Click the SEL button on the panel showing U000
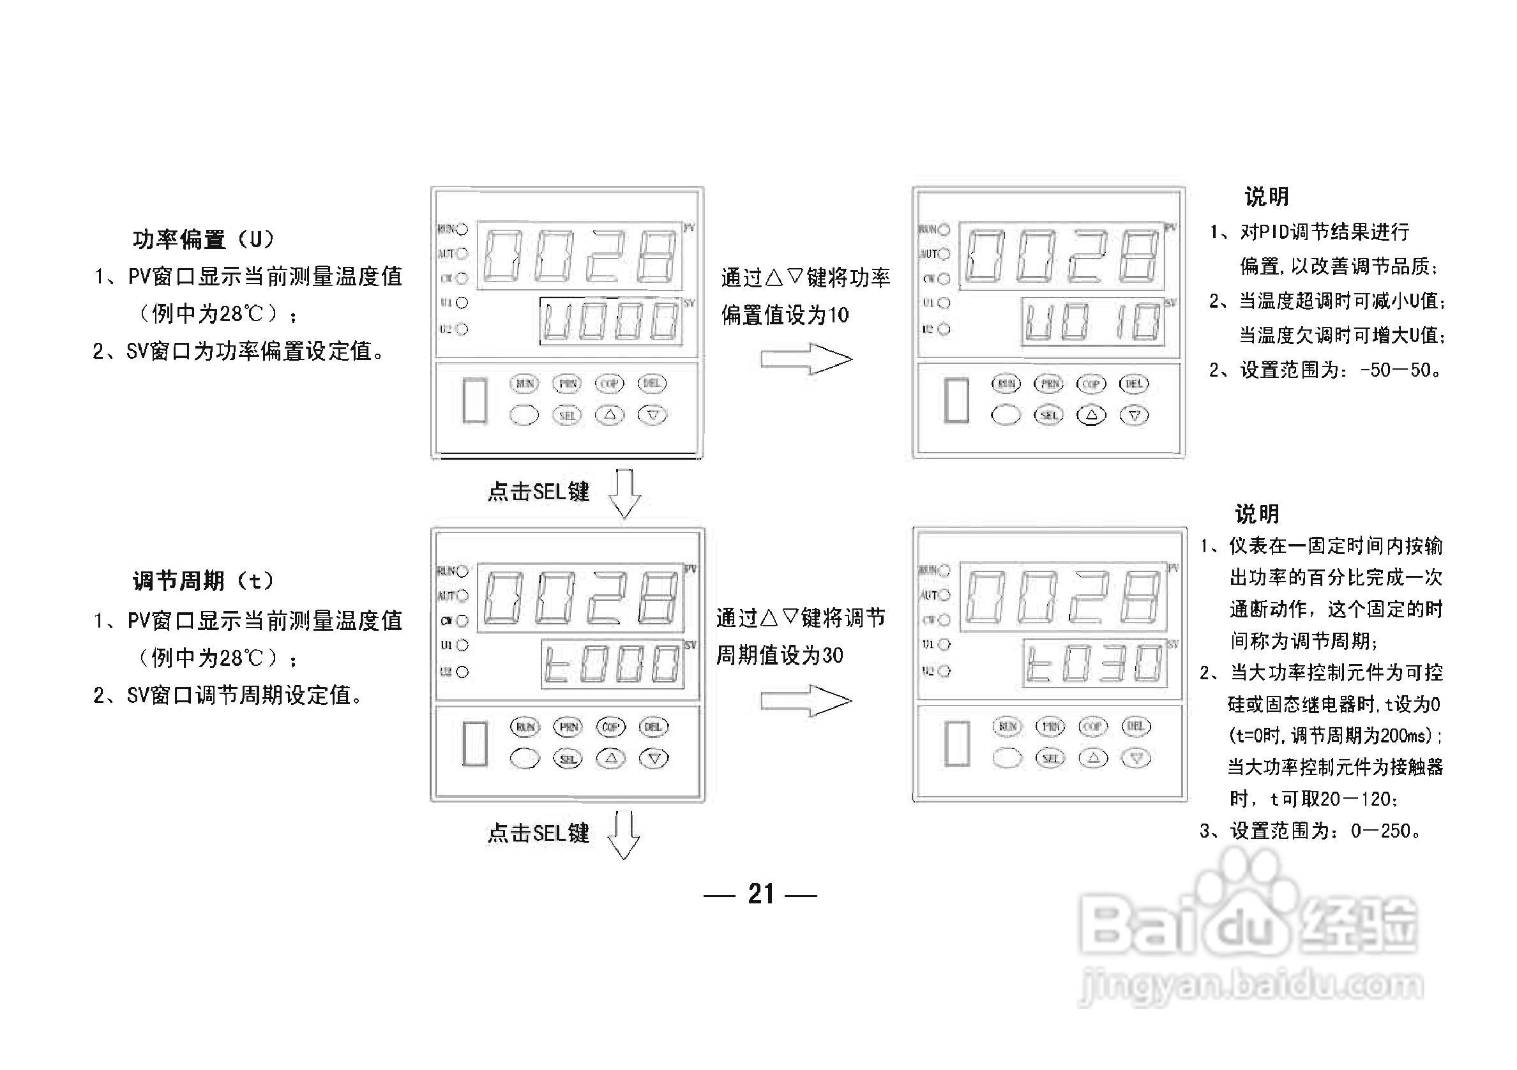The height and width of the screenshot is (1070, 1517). point(567,415)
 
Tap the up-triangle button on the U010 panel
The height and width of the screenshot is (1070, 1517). point(1092,415)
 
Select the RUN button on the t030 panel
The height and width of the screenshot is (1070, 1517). point(1007,727)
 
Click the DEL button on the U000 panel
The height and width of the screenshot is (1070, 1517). point(652,383)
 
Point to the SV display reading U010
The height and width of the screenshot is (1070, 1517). point(1093,322)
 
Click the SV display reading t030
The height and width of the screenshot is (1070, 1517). point(1094,663)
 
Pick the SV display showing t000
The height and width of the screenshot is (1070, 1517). point(612,664)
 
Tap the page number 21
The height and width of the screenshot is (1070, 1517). point(760,894)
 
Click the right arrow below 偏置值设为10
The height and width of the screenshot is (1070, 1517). point(806,359)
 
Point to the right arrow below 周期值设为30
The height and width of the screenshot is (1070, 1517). point(806,701)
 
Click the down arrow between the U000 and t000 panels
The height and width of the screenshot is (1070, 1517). point(624,494)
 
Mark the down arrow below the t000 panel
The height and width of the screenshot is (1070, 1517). point(624,836)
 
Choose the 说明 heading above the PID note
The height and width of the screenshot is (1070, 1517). point(1266,197)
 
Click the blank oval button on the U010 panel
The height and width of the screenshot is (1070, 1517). point(1006,415)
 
